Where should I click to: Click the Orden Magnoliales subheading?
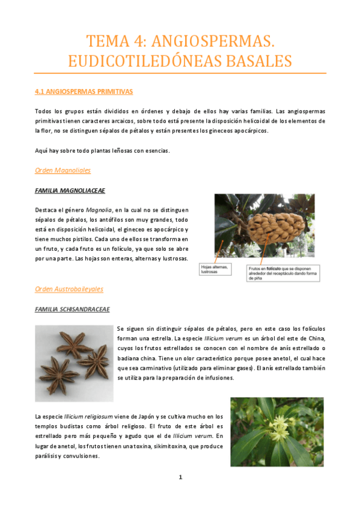(63, 170)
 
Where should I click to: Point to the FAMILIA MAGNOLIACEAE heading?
(70, 190)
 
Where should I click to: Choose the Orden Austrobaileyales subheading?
(69, 289)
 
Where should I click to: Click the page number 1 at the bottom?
(180, 477)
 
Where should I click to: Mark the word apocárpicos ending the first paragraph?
(252, 131)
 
